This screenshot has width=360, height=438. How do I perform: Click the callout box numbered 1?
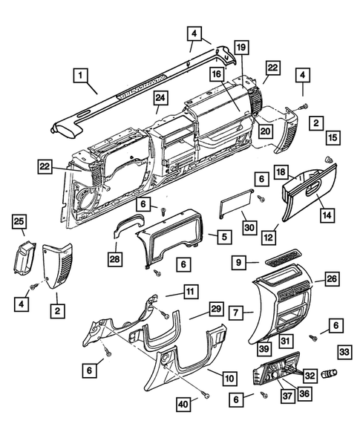tap(80, 75)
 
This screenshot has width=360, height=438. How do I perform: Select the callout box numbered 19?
tap(241, 48)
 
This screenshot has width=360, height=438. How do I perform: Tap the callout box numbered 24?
tap(160, 98)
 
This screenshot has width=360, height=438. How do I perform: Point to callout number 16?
tap(217, 74)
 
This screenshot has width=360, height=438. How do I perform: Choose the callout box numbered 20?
tap(265, 131)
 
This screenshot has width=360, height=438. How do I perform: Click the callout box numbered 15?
tap(333, 138)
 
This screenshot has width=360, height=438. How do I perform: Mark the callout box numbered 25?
tap(19, 221)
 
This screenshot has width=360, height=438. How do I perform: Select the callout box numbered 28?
tap(115, 258)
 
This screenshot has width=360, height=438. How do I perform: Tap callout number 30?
tap(249, 227)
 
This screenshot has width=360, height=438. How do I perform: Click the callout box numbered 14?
tap(327, 215)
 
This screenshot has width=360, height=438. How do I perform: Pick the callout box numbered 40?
tap(183, 404)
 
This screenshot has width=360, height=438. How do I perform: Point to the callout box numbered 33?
tap(344, 352)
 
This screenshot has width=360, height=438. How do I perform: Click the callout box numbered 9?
tap(239, 262)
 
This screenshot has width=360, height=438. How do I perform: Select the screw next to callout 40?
tap(206, 395)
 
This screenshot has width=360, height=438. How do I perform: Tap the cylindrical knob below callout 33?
tap(330, 373)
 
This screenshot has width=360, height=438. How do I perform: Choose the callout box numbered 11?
tap(190, 292)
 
